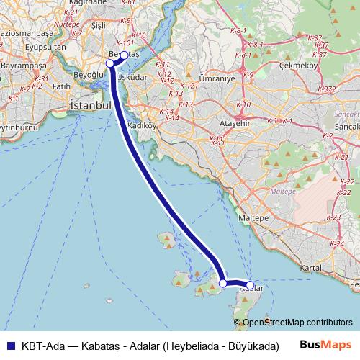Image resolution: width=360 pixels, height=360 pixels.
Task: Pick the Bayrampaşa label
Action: (22, 66)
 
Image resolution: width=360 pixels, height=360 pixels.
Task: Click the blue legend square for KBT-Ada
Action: (9, 345)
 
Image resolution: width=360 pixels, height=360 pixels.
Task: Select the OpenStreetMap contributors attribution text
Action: (297, 323)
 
